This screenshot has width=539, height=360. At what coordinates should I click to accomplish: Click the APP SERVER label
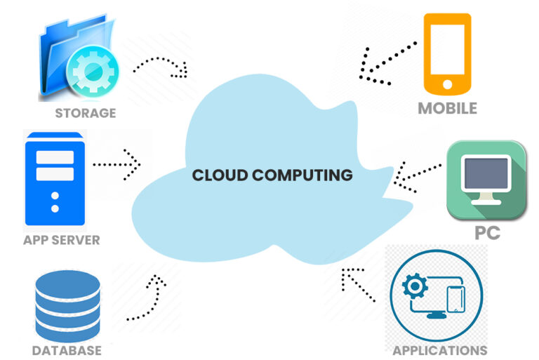pos(62,240)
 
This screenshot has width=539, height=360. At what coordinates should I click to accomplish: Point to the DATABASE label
pos(67,350)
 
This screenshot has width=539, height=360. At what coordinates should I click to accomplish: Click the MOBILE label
pos(447,108)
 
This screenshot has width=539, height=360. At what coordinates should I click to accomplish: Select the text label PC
pos(487,233)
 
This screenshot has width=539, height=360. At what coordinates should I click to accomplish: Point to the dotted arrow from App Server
pos(117,164)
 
